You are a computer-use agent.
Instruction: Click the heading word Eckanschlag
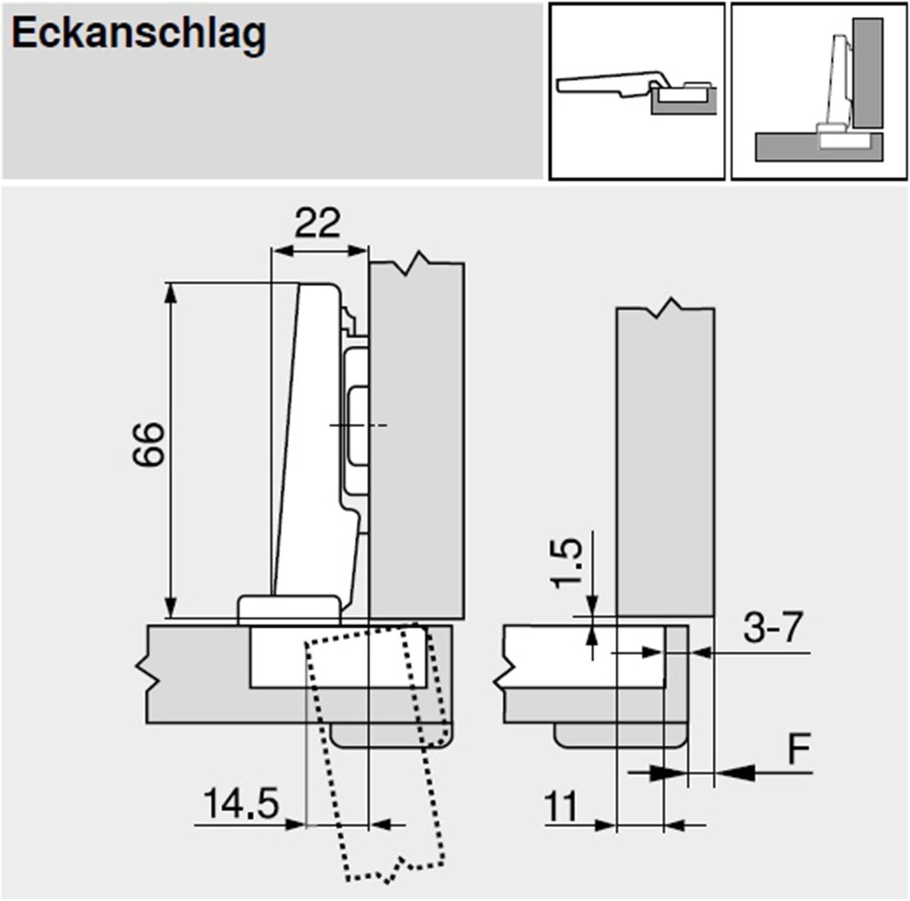[x=139, y=34]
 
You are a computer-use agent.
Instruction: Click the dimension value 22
[x=317, y=224]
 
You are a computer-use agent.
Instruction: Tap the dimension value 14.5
[x=241, y=804]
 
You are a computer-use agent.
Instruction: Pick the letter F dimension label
[x=799, y=750]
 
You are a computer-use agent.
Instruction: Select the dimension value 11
[x=560, y=807]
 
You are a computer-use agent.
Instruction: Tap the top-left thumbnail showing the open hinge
[x=636, y=92]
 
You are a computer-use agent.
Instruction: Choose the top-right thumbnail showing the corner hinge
[x=819, y=92]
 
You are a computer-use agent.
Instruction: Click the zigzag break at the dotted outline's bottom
[x=394, y=868]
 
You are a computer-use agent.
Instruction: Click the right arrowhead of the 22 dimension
[x=359, y=251]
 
